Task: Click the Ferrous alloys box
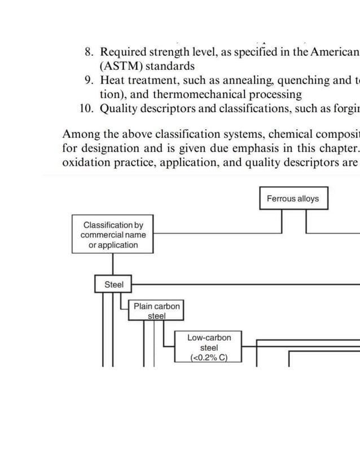[293, 199]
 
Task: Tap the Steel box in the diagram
[113, 284]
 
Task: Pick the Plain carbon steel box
[156, 310]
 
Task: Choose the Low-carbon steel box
[209, 347]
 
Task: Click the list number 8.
[89, 52]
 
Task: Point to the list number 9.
[89, 80]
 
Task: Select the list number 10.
[86, 108]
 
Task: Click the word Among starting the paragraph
[82, 134]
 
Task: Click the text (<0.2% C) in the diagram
[209, 358]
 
